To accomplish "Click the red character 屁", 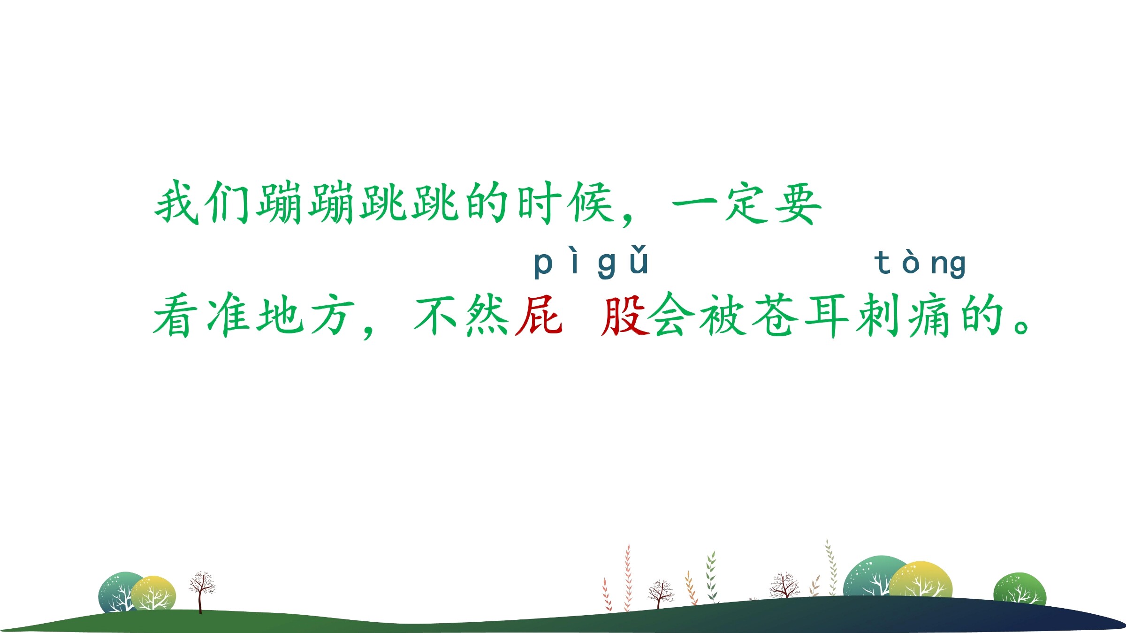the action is (x=539, y=316).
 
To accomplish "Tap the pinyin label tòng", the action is (x=920, y=264).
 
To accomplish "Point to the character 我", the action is (x=177, y=203).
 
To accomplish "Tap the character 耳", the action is (x=828, y=316).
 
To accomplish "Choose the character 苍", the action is (x=775, y=316).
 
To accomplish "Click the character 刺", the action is (x=879, y=316).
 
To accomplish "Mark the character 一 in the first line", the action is (x=695, y=204).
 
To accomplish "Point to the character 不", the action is (x=436, y=316).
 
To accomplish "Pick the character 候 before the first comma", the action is (x=591, y=203).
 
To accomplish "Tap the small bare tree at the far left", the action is (x=201, y=592).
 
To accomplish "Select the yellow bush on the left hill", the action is (x=153, y=593).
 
